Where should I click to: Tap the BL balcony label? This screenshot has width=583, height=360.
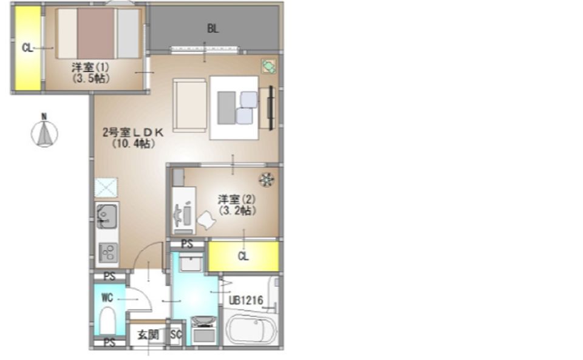click(x=213, y=29)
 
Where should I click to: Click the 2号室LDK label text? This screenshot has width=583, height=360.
click(x=133, y=132)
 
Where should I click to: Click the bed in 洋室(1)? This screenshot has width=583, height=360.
click(x=98, y=33)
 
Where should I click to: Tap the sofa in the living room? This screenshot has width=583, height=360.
click(x=189, y=105)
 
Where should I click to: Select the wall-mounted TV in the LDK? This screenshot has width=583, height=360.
click(x=271, y=107)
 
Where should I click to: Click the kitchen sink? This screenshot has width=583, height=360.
click(x=107, y=216)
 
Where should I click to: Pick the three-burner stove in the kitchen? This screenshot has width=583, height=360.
click(x=108, y=253)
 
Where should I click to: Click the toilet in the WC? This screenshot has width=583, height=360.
click(x=107, y=321)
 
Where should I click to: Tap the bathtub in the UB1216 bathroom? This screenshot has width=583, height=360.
click(x=251, y=330)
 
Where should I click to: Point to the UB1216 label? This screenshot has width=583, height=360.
click(x=246, y=300)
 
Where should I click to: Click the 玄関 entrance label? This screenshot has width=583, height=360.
click(x=148, y=335)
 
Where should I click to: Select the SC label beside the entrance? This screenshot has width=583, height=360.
click(x=176, y=335)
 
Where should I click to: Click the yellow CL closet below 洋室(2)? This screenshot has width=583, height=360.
click(x=243, y=256)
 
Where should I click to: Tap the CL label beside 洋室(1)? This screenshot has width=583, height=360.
click(x=27, y=47)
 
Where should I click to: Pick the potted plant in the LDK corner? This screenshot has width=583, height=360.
click(x=268, y=66)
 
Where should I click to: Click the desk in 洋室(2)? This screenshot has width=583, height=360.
click(x=184, y=210)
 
